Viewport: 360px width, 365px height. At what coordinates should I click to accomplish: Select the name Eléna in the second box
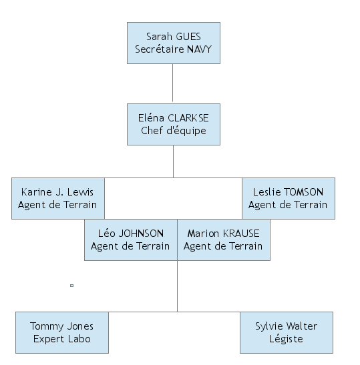coord(151,117)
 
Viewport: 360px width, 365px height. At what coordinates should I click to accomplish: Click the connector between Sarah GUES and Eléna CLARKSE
coord(173,83)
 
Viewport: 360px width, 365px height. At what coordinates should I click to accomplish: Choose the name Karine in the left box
coord(37,192)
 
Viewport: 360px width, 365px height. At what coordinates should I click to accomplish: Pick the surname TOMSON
coord(306,192)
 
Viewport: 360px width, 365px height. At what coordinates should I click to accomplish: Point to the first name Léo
coord(107,234)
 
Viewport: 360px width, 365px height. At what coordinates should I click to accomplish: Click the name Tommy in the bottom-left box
coord(45,326)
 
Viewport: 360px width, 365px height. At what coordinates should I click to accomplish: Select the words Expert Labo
coord(61,339)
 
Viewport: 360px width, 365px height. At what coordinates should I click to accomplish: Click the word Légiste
coord(287,339)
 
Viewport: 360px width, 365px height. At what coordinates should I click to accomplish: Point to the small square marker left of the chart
coord(71,286)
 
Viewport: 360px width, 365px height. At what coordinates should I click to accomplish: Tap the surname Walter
coord(302,326)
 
